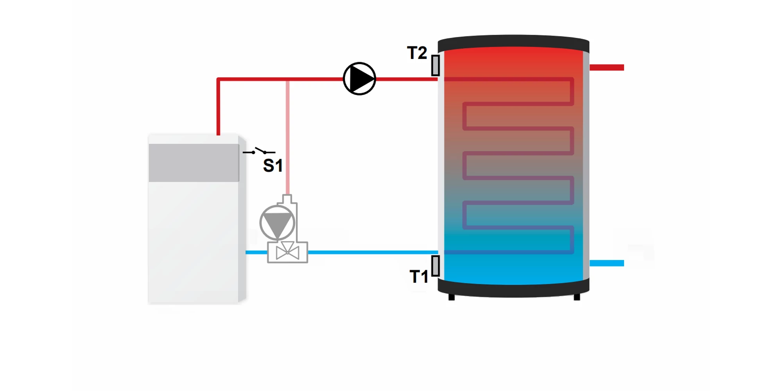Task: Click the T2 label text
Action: point(417,53)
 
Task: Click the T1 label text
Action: point(419,277)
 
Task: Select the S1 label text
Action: point(273,166)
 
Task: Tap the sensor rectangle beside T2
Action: point(436,65)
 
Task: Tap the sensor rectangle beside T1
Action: point(436,266)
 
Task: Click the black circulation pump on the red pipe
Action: point(359,79)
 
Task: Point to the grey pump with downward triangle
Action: point(277,223)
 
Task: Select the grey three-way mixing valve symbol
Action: point(287,252)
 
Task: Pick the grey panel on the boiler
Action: point(194,163)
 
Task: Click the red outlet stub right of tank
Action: point(606,68)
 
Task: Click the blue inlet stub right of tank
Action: point(606,263)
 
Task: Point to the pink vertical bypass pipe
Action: point(288,137)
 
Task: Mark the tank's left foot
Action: point(452,297)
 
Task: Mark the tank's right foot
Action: point(577,297)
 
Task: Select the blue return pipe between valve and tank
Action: point(371,252)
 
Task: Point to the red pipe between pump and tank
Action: point(407,79)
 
